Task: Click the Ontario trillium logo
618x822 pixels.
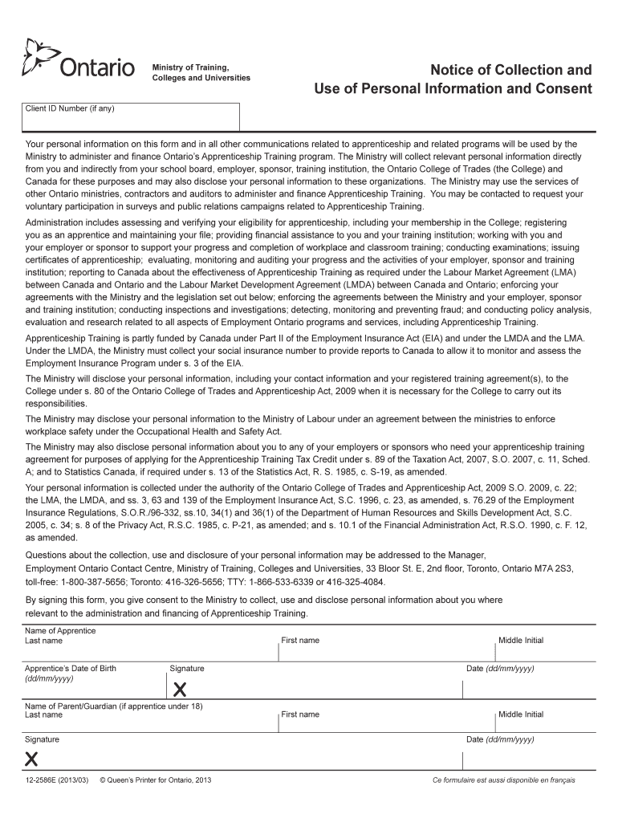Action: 40,57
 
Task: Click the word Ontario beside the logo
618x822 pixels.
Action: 97,69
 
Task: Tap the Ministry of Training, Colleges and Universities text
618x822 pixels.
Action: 201,71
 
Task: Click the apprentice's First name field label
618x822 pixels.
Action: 300,640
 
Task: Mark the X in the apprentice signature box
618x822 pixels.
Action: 181,689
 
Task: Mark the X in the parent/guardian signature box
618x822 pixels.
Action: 32,759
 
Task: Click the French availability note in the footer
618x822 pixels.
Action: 504,780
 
